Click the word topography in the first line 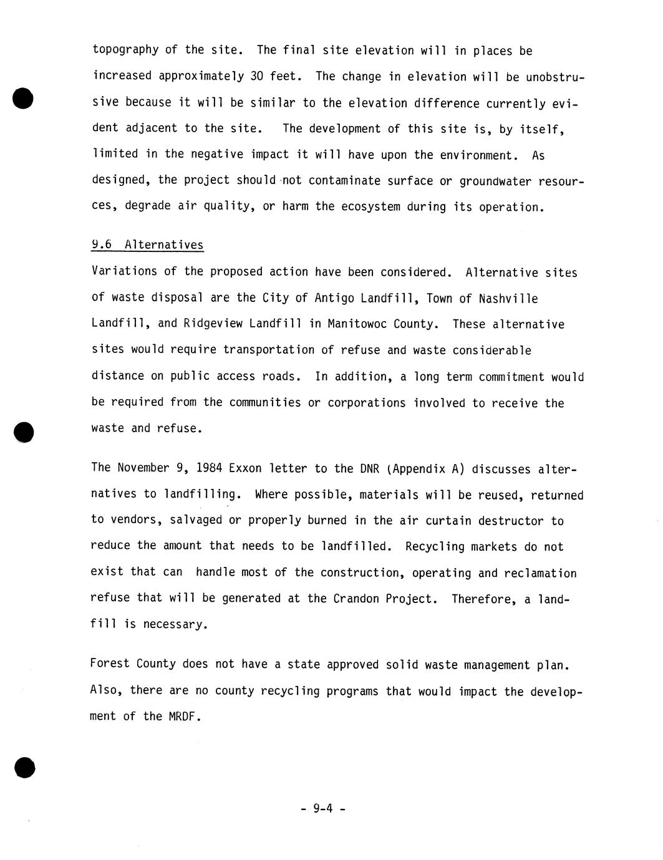click(x=125, y=50)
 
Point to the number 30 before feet click(x=256, y=76)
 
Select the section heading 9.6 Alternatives click(x=147, y=244)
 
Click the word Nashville click(x=508, y=298)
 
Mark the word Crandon click(x=356, y=599)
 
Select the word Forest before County click(x=109, y=664)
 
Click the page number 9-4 click(x=323, y=809)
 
